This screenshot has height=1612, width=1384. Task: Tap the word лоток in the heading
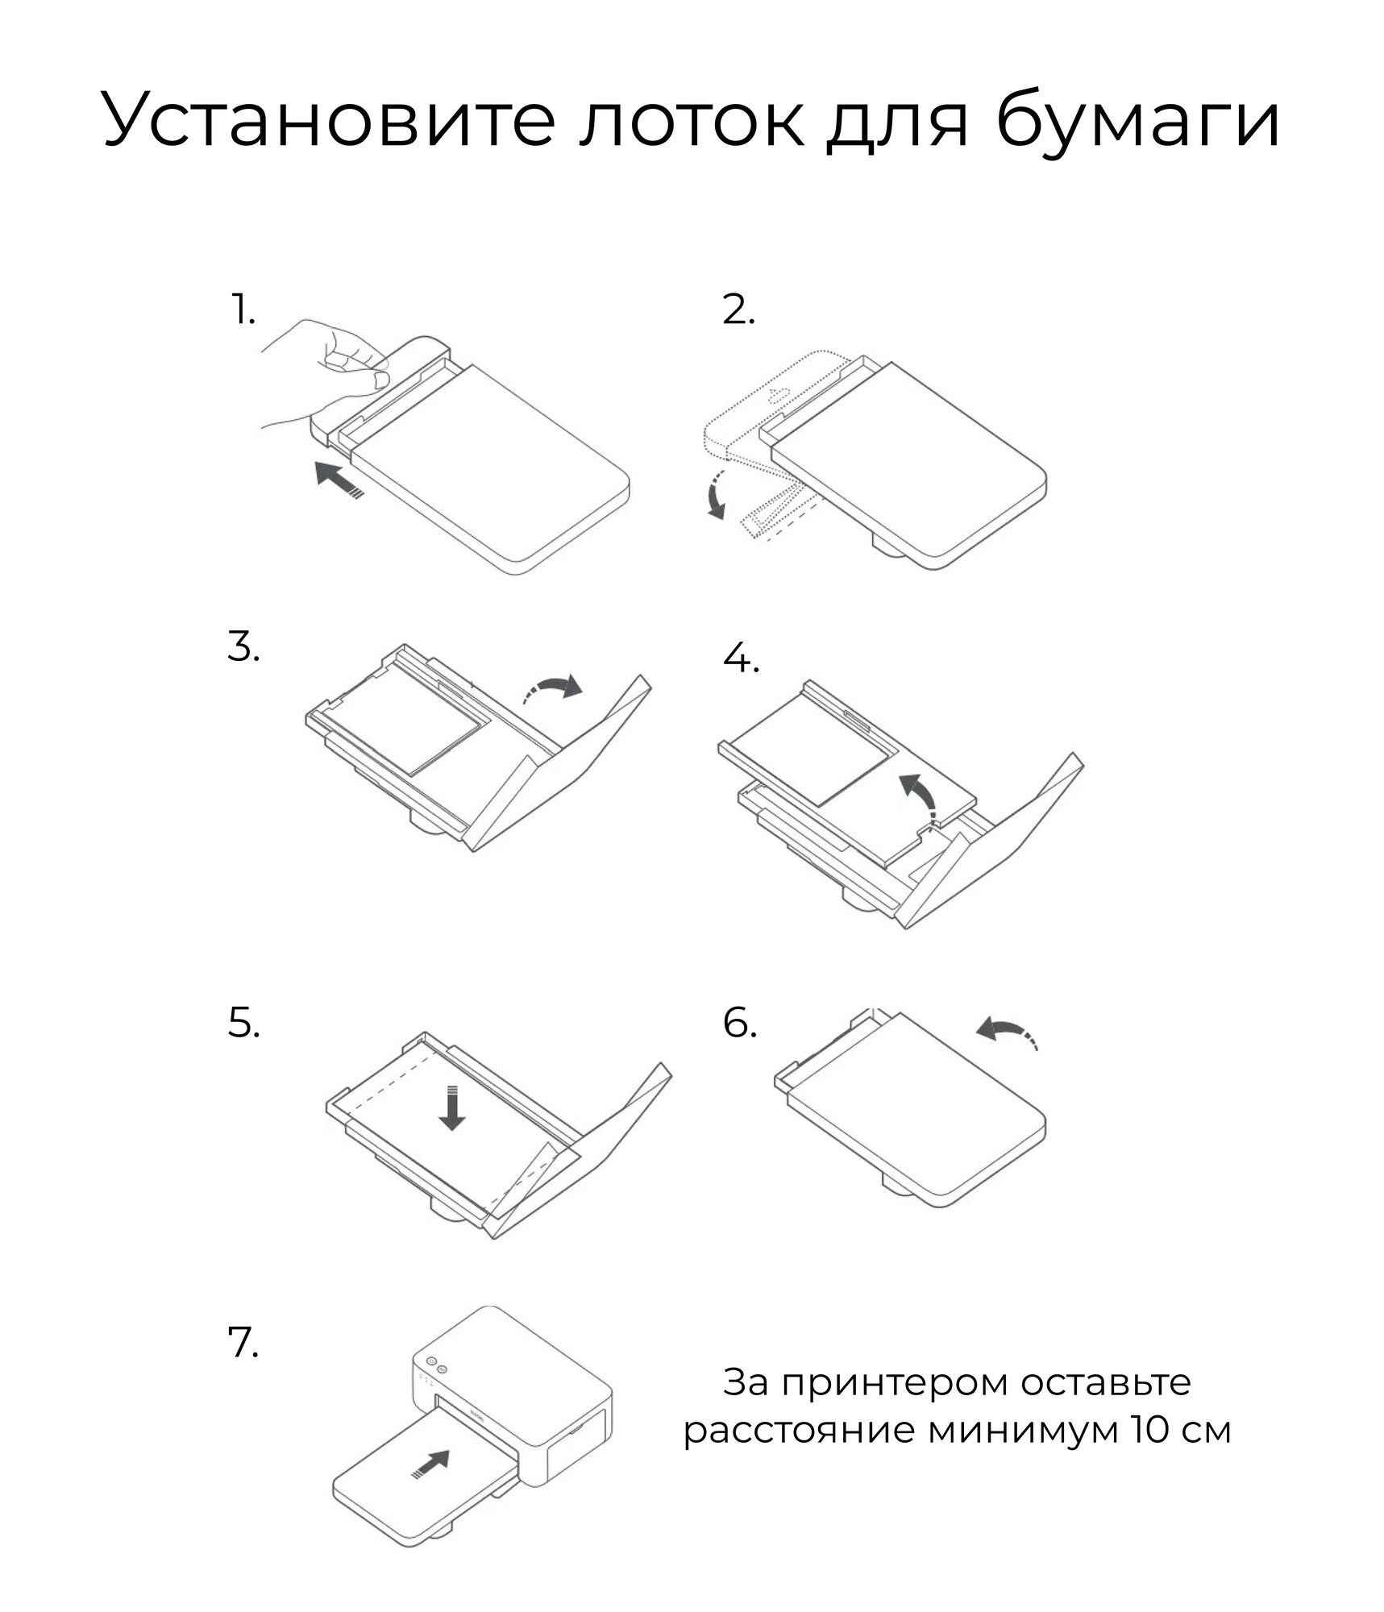point(691,121)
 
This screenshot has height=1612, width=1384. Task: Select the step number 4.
point(741,659)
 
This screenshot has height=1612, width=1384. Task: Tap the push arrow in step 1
point(339,480)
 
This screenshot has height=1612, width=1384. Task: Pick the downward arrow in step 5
point(451,1108)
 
